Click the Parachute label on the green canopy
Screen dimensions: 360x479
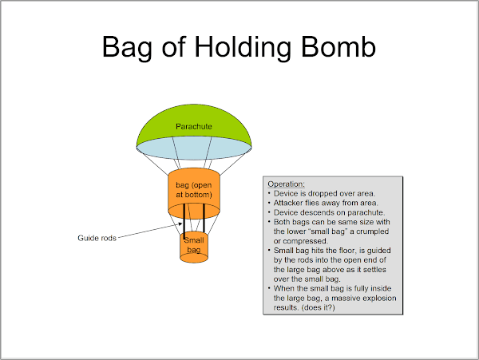[194, 125]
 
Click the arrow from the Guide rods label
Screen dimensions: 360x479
[152, 230]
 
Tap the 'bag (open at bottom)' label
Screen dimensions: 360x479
[194, 190]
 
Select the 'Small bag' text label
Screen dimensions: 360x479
[193, 245]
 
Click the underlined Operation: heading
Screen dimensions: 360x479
[287, 184]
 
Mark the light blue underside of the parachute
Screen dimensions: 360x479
[194, 149]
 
